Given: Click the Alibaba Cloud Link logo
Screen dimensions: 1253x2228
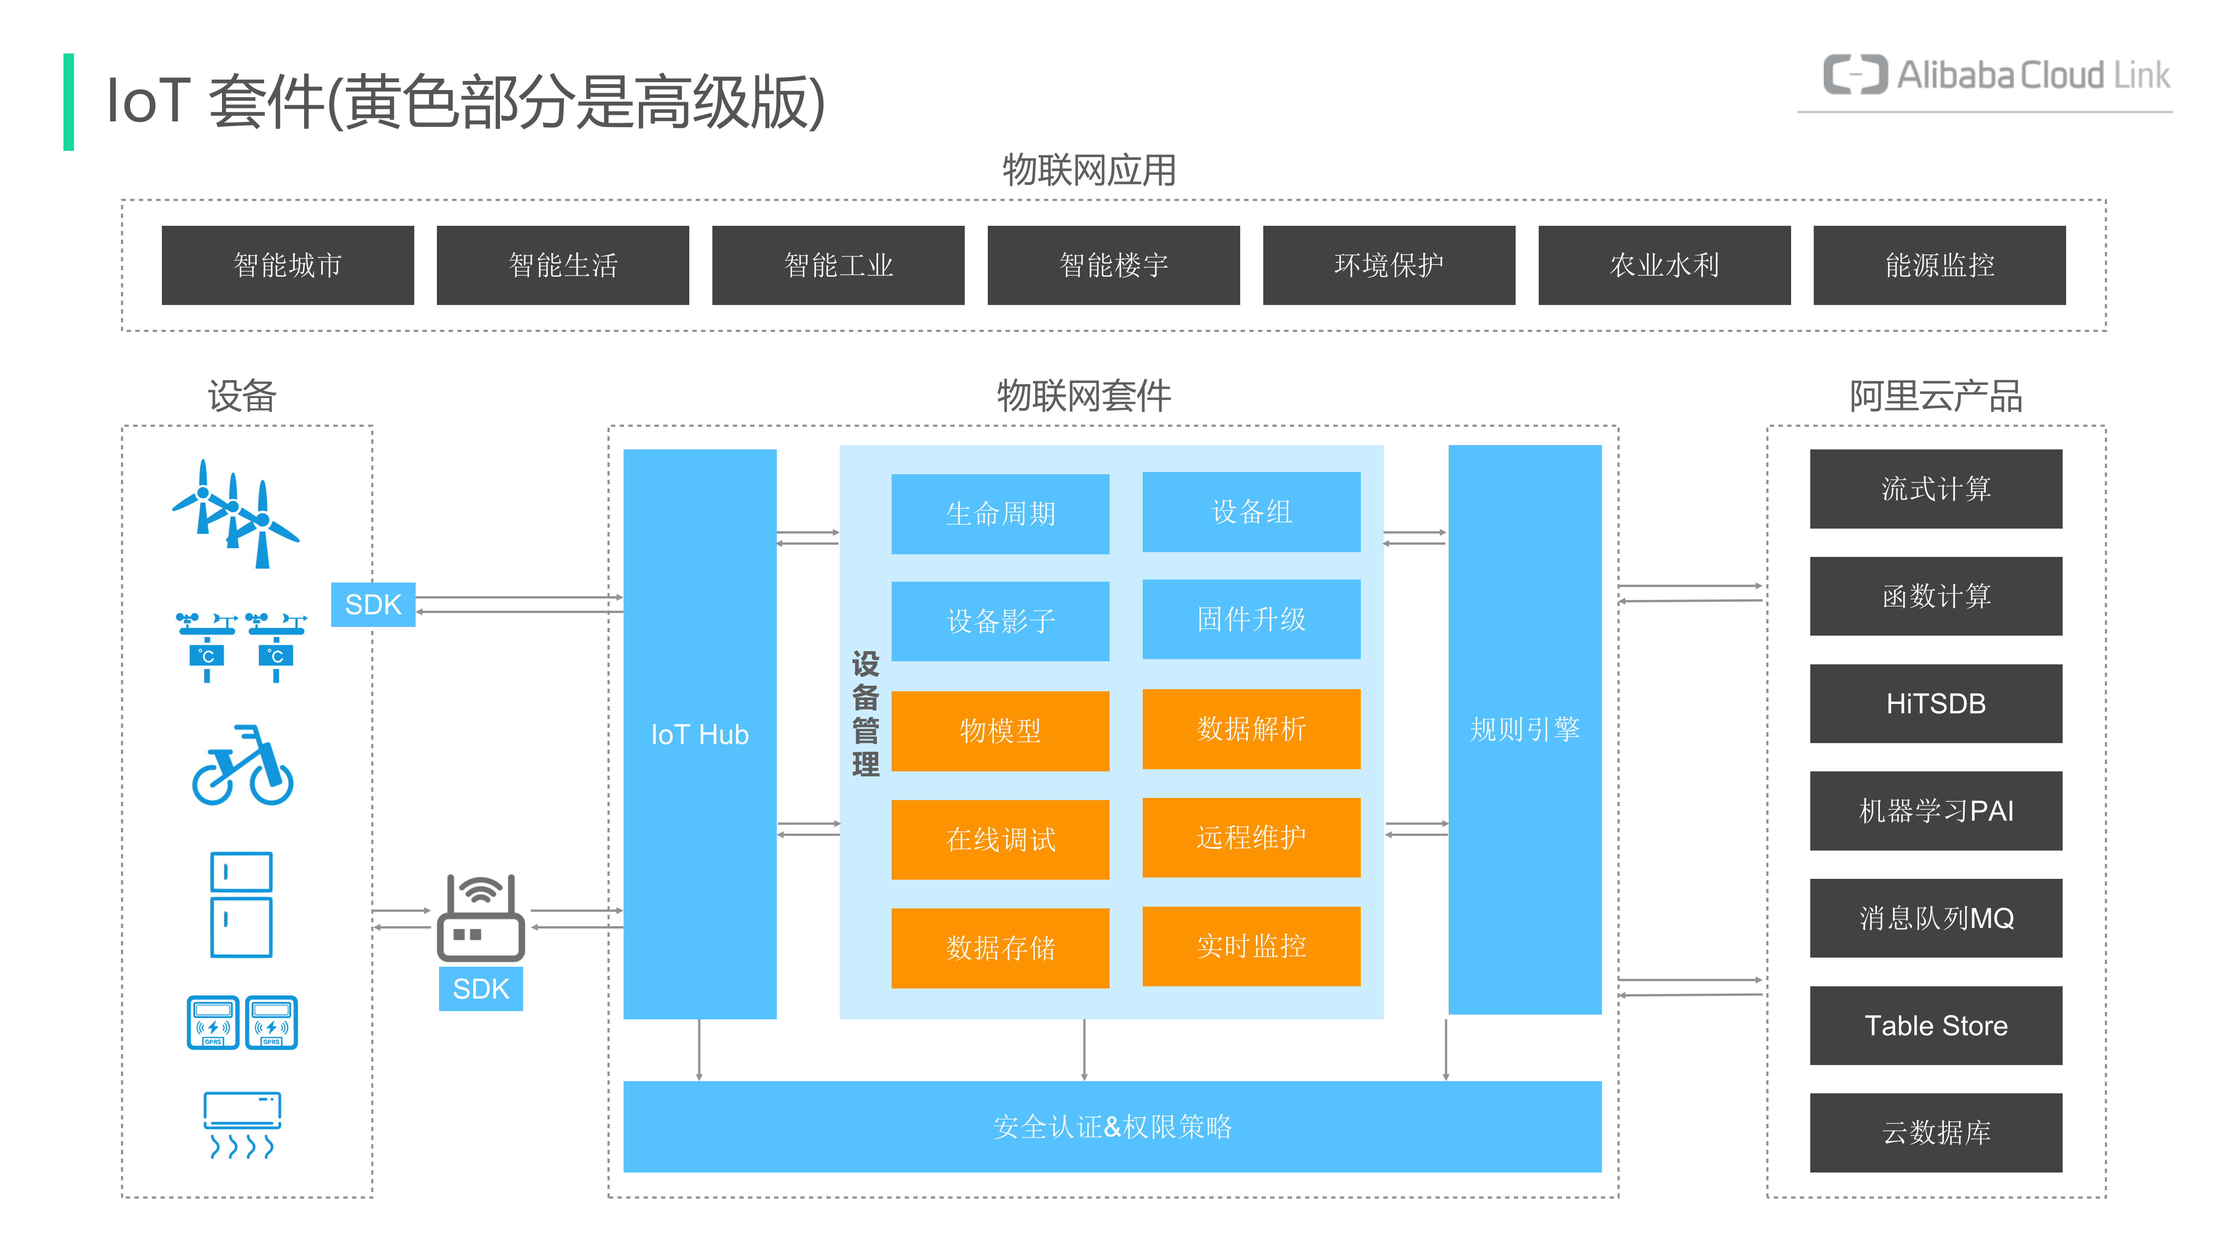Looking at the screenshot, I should (1996, 76).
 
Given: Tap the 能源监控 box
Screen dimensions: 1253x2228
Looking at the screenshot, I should (1939, 265).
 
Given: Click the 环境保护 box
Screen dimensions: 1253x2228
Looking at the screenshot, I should (1388, 265).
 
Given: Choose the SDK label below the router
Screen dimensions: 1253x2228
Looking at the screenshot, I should (481, 988).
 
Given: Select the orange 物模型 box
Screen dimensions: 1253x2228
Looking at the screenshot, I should (1000, 731).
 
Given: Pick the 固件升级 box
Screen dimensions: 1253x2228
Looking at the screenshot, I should (1251, 619).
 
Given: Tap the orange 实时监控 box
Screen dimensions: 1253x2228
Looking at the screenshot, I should (1251, 946).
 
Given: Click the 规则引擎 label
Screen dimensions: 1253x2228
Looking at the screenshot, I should (1524, 729).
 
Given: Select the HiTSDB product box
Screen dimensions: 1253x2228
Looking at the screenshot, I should (1936, 703).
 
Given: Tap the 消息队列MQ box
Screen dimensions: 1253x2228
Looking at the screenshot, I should (1936, 918).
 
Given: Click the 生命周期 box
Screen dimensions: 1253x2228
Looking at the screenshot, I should (1000, 514).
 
